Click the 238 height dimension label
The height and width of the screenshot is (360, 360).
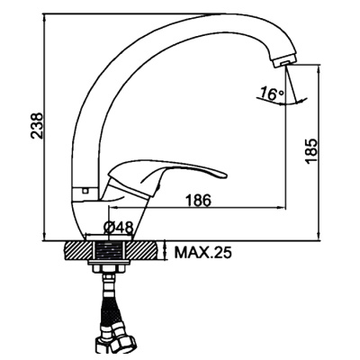tap(37, 126)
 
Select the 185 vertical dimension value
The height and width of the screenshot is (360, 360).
tap(311, 151)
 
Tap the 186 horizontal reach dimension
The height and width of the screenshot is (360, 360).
tap(198, 200)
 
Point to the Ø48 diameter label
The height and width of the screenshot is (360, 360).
tap(118, 229)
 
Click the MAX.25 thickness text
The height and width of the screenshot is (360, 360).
tap(203, 253)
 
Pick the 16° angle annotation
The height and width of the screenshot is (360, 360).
tap(272, 94)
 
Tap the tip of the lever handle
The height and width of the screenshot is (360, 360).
tap(225, 175)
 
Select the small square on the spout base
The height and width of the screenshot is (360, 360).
tap(85, 190)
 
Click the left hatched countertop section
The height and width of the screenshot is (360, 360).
tap(78, 250)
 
